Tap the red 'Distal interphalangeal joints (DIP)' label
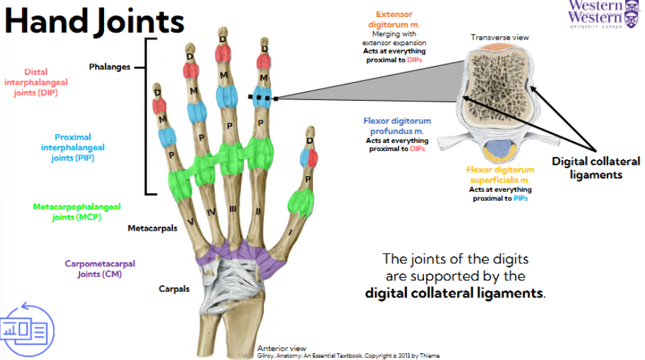click(40, 82)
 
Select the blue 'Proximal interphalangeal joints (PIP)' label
click(73, 148)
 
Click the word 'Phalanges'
click(108, 67)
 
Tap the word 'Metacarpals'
click(152, 229)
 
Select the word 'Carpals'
click(173, 289)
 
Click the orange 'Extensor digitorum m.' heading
click(395, 19)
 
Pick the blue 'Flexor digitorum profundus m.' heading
click(397, 126)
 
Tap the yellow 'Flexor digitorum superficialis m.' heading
click(500, 175)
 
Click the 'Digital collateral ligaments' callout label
click(596, 168)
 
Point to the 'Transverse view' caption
click(499, 37)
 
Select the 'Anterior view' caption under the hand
click(282, 348)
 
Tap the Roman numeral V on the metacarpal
click(191, 222)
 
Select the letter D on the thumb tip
click(310, 141)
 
